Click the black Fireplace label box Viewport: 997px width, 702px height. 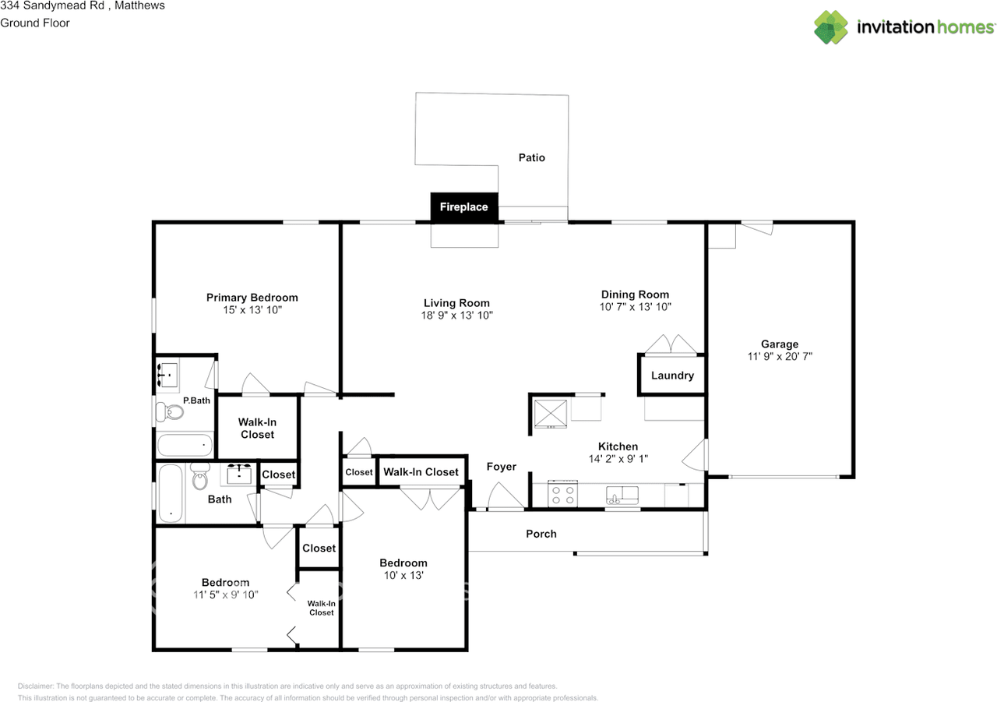[464, 207]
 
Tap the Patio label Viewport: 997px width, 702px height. [532, 157]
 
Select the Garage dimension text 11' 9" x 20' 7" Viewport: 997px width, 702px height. [779, 356]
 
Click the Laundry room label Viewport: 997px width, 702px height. [672, 376]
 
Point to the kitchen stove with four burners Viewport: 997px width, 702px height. [562, 494]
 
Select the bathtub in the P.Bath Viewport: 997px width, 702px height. [185, 446]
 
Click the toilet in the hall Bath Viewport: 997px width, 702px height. [201, 474]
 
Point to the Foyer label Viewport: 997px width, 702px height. [502, 467]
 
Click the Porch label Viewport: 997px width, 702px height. [541, 534]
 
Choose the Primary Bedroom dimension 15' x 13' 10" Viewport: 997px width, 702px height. [252, 310]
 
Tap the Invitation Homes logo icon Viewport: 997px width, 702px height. [831, 27]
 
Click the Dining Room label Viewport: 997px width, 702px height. [635, 295]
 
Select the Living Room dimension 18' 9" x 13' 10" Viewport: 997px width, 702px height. [456, 316]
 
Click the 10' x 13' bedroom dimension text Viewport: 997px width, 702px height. [403, 576]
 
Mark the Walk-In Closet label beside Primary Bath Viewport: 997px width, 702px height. [257, 428]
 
